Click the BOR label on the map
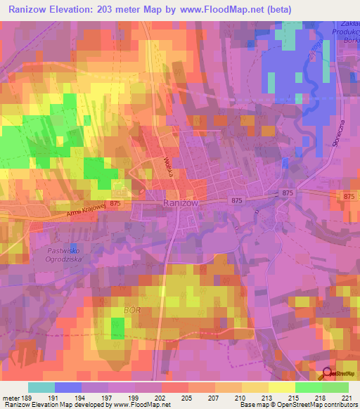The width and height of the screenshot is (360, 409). point(132,309)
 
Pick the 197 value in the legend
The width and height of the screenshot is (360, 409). point(108,397)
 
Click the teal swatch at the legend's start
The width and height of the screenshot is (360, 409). point(41,387)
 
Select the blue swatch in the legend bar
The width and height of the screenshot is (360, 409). point(68,387)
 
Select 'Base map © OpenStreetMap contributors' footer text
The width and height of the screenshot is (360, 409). point(298,405)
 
